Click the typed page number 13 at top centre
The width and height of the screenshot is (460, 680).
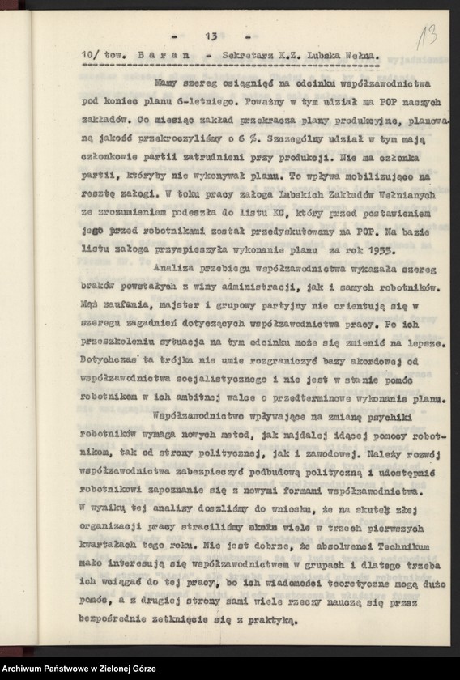tap(211, 36)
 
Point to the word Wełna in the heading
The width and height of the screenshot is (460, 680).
tap(360, 54)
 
